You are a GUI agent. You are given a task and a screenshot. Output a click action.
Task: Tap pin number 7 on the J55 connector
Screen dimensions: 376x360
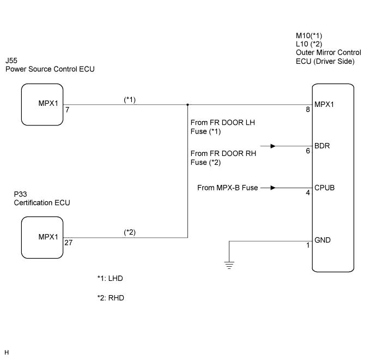click(x=68, y=110)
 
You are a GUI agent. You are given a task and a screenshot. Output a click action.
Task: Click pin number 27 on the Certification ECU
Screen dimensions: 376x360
click(x=68, y=243)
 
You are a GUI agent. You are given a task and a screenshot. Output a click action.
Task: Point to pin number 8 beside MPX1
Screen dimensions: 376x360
click(x=308, y=110)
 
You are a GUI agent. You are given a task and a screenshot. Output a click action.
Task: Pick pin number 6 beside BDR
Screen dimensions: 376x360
click(x=308, y=151)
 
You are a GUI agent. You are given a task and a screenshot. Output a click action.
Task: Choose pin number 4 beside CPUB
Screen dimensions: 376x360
click(x=308, y=193)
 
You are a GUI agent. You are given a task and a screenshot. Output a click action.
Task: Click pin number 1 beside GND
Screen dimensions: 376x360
click(x=308, y=245)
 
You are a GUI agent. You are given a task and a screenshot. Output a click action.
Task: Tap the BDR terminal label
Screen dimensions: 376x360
click(x=322, y=146)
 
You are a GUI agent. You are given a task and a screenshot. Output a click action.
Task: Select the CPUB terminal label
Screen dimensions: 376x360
click(x=324, y=188)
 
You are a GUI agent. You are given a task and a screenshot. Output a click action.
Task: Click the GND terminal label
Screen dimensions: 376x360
click(x=323, y=240)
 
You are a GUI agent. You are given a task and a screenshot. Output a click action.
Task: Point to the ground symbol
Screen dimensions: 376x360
click(x=229, y=265)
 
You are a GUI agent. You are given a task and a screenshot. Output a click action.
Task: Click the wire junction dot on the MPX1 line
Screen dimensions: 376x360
click(x=187, y=105)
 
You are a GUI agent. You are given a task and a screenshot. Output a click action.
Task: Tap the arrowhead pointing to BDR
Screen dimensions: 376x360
click(x=272, y=146)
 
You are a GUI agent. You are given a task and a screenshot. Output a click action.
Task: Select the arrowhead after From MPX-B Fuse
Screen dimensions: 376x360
click(x=272, y=188)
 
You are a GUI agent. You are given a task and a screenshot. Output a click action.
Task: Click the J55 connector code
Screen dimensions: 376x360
click(x=11, y=61)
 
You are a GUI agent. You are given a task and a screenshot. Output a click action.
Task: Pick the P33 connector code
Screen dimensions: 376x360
click(x=20, y=194)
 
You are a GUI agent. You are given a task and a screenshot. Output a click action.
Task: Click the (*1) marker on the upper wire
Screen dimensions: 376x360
click(x=130, y=100)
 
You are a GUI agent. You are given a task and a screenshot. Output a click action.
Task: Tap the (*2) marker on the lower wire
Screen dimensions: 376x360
click(x=130, y=232)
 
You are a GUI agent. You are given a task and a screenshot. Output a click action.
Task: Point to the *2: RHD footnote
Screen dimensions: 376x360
click(x=111, y=298)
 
